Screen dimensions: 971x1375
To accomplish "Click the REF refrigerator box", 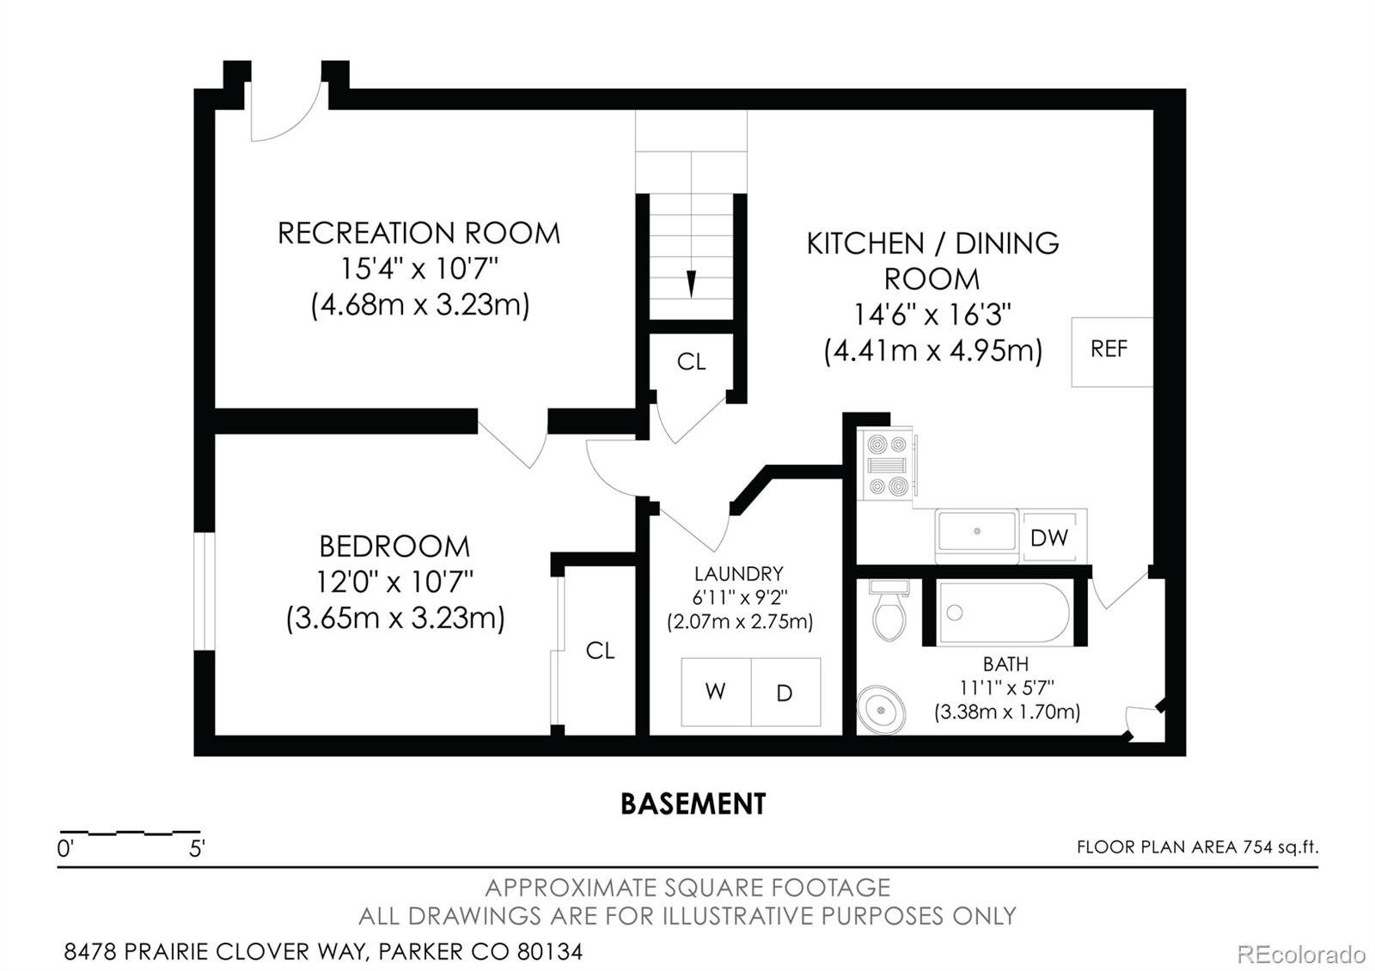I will click(x=1111, y=351).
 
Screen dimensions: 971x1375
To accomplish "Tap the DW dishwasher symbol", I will click(x=1049, y=538).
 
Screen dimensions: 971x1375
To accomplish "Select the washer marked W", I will click(x=716, y=692).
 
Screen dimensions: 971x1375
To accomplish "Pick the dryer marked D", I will click(x=785, y=692).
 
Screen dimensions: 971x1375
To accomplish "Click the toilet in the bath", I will click(x=889, y=611).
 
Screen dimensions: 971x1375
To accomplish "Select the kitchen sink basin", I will click(x=977, y=532).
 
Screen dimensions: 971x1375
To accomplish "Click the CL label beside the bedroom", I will click(x=600, y=651).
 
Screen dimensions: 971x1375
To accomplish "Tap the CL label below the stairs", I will click(x=691, y=362).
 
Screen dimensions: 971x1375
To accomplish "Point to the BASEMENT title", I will click(x=693, y=804).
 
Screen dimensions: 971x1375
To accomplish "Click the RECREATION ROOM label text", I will click(x=419, y=233).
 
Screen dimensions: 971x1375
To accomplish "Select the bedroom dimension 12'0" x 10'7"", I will click(x=394, y=583).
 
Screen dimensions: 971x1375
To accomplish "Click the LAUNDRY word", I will click(x=738, y=574).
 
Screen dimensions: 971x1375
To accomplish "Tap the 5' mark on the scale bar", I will click(x=197, y=850).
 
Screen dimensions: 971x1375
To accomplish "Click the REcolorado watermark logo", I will click(x=1301, y=954).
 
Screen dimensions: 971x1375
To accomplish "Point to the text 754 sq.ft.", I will click(x=1280, y=847).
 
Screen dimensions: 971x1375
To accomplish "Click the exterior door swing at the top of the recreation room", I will click(x=286, y=112).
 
